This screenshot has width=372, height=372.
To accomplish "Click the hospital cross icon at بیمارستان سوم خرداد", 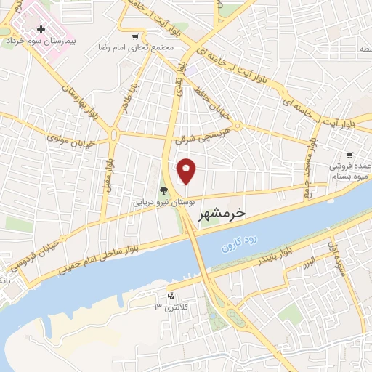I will [x=41, y=30].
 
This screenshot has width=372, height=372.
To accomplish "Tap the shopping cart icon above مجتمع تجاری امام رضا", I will [x=135, y=37].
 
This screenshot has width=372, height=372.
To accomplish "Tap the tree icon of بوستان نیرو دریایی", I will [x=164, y=192].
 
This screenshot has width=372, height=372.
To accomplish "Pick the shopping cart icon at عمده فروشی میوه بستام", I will [x=349, y=155].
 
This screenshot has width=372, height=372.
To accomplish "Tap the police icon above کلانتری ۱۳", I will [x=171, y=296].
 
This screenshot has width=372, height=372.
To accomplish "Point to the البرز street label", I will [x=310, y=261].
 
